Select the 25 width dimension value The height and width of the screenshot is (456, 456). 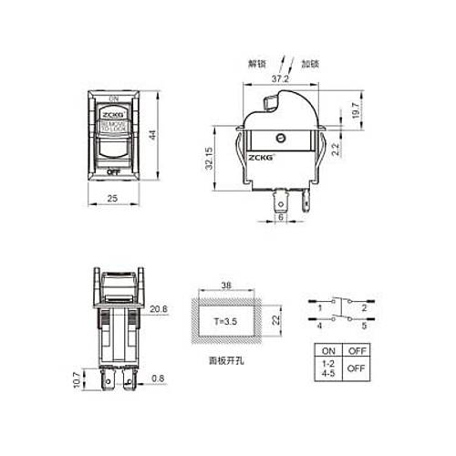pyautogui.click(x=113, y=197)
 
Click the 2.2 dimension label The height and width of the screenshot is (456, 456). pyautogui.click(x=337, y=149)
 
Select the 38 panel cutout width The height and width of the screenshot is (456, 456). pyautogui.click(x=228, y=284)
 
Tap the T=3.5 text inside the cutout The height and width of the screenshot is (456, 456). pyautogui.click(x=226, y=322)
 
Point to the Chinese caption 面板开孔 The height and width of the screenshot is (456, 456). pyautogui.click(x=227, y=361)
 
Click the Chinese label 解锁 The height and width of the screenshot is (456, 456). pyautogui.click(x=258, y=63)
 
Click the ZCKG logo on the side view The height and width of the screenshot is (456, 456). pyautogui.click(x=261, y=156)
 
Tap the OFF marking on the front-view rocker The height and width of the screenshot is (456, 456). pyautogui.click(x=114, y=171)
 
